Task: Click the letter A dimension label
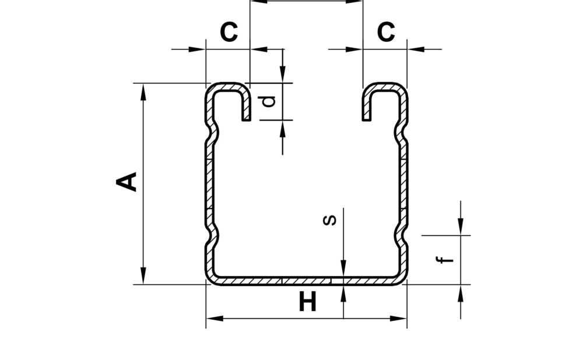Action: (127, 182)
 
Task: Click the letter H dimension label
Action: (308, 302)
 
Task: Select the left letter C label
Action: (229, 32)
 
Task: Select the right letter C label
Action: (386, 32)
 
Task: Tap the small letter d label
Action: (269, 101)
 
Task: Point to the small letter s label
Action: (329, 220)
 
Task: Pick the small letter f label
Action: (445, 260)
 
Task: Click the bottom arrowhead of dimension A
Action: (143, 276)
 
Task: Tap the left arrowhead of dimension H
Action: (215, 319)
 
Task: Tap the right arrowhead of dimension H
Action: (398, 319)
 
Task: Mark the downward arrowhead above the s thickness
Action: (343, 269)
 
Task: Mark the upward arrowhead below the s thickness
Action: (343, 293)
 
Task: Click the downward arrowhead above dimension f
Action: (461, 227)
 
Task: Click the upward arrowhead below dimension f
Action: (461, 293)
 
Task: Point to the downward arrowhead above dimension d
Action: (283, 75)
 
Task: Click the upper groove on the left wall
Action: (213, 132)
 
